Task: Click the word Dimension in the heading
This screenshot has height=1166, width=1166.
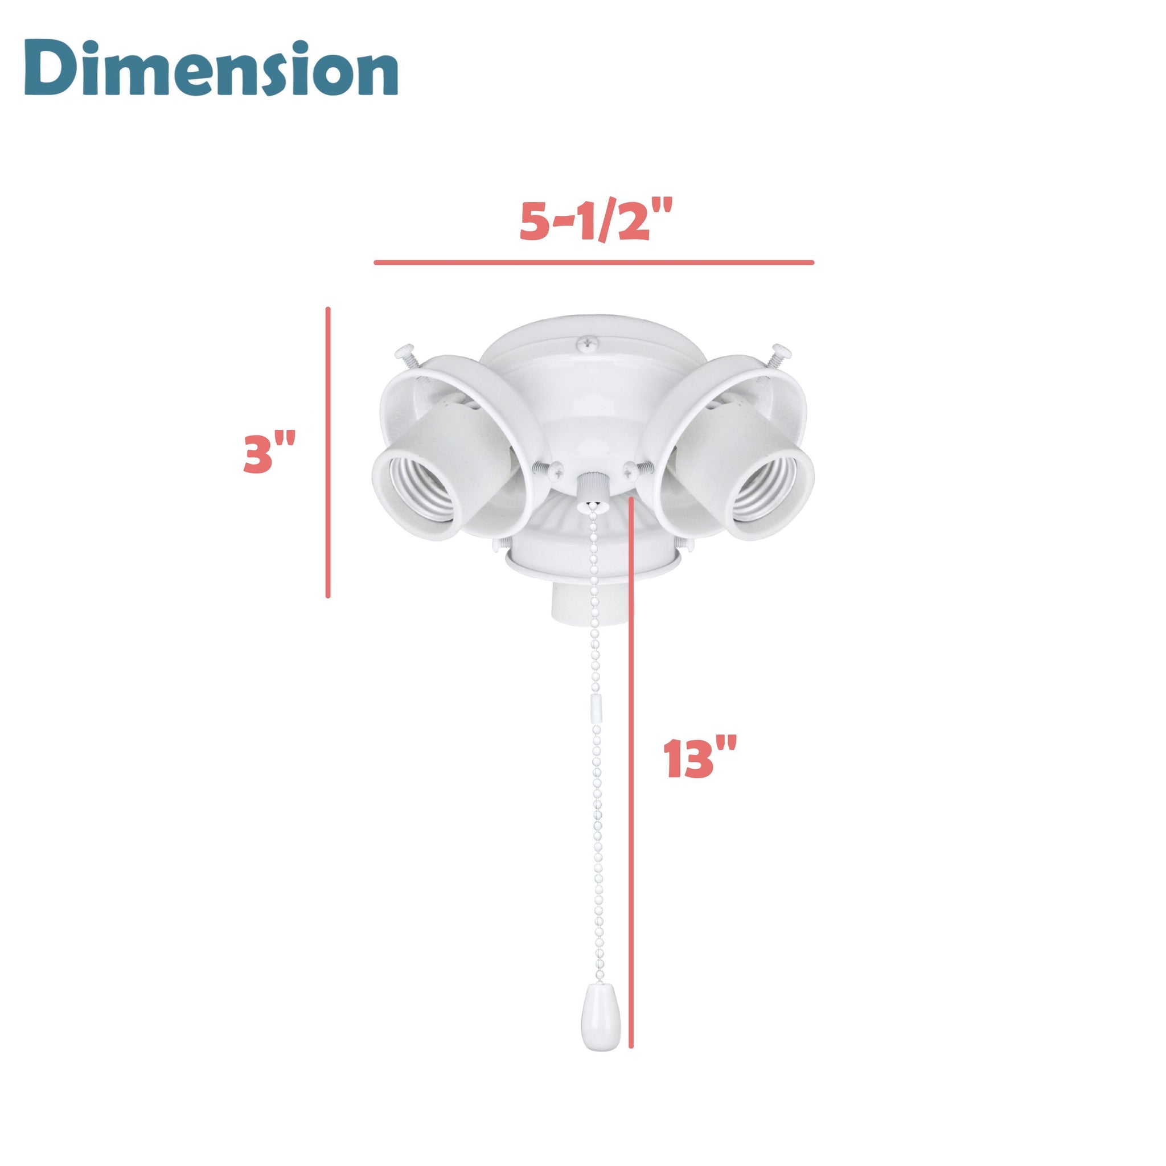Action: point(211,69)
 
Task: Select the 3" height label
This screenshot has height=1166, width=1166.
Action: point(269,453)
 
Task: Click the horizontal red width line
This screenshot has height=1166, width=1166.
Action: point(594,262)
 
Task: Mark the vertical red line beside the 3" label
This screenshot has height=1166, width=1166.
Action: point(328,453)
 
